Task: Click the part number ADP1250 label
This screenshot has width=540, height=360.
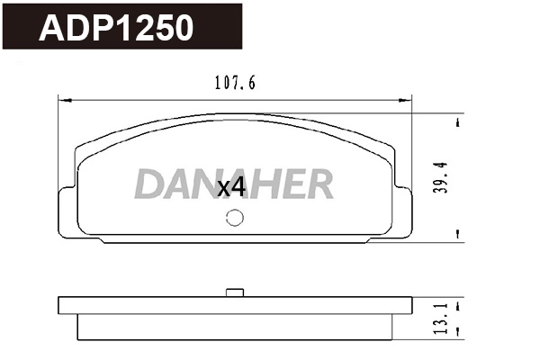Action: click(x=116, y=28)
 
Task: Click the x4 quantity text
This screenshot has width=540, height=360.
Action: click(x=231, y=187)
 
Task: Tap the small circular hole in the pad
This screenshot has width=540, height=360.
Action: click(x=235, y=217)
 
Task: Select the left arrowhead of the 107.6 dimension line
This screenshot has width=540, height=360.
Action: click(x=62, y=97)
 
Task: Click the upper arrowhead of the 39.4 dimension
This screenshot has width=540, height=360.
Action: click(x=460, y=121)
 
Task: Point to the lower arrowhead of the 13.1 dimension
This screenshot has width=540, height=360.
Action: click(x=460, y=334)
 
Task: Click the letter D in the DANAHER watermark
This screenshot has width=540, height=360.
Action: click(x=150, y=184)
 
